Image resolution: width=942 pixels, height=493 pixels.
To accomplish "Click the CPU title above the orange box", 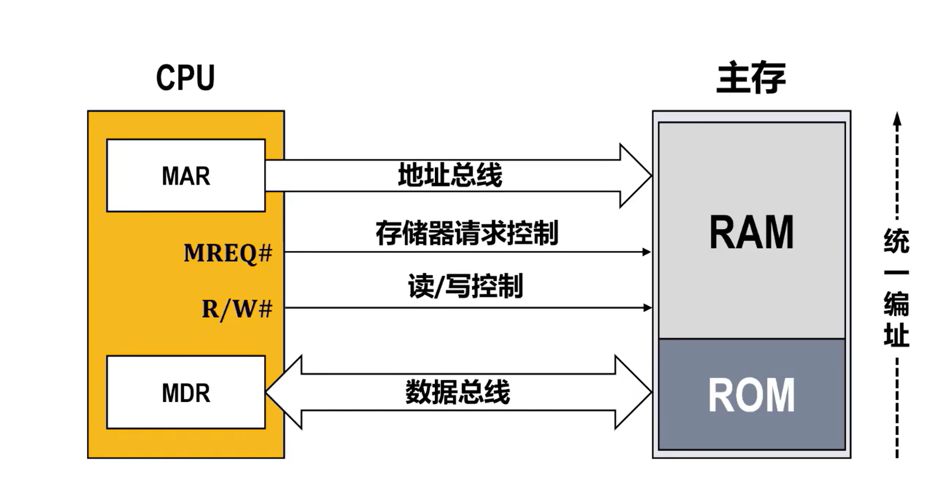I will [x=185, y=78].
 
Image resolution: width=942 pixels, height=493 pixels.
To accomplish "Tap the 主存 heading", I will [x=751, y=78].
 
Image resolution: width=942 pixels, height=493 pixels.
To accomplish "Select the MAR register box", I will [x=186, y=175].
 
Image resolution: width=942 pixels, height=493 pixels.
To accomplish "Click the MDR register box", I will [x=186, y=393].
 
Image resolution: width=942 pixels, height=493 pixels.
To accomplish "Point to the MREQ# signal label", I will [x=228, y=253].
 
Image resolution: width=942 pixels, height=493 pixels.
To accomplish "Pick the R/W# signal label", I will [x=237, y=309].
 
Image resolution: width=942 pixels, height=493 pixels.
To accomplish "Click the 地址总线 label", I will [x=450, y=175].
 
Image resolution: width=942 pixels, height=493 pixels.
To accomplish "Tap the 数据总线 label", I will [x=457, y=393].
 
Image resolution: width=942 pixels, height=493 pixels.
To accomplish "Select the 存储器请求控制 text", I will [x=467, y=233].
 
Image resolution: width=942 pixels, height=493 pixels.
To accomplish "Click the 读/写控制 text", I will [x=465, y=286].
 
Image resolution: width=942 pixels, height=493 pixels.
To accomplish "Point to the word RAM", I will [x=751, y=232].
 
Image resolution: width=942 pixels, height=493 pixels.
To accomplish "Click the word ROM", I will [x=751, y=395].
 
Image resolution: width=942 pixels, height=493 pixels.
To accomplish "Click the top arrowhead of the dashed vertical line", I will [x=897, y=119].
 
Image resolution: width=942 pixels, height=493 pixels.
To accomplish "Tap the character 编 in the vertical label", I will [x=896, y=304].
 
